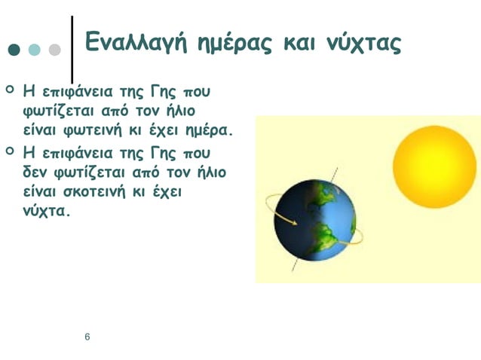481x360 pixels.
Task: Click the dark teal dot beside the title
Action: click(x=14, y=50)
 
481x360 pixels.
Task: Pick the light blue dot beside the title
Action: click(x=34, y=50)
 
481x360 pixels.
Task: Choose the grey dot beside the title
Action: click(x=54, y=50)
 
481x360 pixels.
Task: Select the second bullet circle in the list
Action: click(x=10, y=151)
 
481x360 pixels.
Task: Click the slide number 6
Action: click(x=87, y=336)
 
